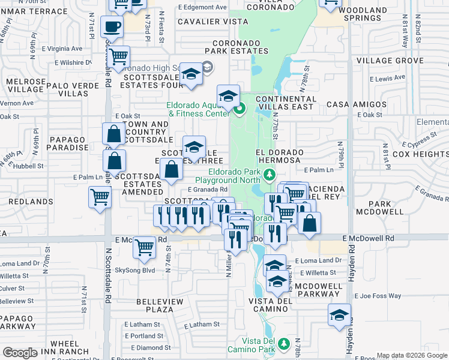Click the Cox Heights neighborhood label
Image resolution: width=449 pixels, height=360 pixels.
point(420,154)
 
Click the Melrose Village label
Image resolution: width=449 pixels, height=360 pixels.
point(25,85)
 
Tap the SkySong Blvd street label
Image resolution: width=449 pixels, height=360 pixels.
point(135,270)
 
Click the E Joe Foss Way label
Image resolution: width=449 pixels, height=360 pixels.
point(378,296)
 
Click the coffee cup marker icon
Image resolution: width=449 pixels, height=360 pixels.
point(112,27)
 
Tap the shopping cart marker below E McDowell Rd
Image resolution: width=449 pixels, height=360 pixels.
point(144,247)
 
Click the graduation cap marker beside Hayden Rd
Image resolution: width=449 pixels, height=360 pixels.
point(339,315)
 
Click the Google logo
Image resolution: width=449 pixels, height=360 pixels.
point(20,353)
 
